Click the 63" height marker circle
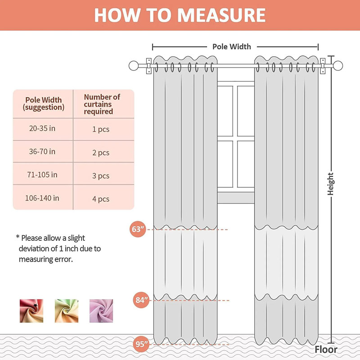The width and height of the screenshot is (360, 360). coord(138,229)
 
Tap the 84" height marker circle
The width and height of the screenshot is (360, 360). coord(141,300)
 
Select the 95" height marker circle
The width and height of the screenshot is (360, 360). coord(141,344)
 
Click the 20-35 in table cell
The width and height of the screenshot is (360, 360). coord(42,128)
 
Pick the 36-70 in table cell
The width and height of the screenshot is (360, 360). coord(42,152)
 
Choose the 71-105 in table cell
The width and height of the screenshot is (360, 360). coord(42,175)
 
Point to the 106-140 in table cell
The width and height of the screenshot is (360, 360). coord(42,198)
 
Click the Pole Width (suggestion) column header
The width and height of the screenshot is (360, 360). coord(43,103)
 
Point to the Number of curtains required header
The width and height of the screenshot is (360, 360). coord(102,104)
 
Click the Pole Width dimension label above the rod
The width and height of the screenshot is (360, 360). coord(232,47)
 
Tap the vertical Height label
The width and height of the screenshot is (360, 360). coord(330,184)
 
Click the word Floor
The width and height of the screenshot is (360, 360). coord(326,350)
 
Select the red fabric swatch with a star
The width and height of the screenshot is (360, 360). coord(31,311)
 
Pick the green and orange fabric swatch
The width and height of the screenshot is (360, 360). coord(67,311)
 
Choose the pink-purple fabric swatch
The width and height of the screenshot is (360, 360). coord(101,311)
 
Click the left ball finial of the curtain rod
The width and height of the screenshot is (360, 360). coord(134,66)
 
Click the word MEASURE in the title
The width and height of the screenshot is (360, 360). coord(221,15)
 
